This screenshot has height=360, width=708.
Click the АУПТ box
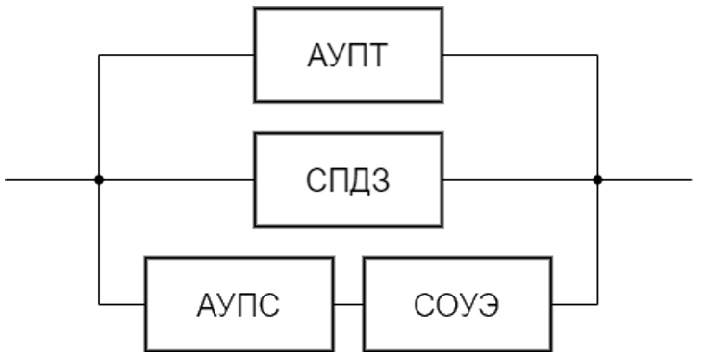[x=348, y=55]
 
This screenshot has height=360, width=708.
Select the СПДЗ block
[x=348, y=179]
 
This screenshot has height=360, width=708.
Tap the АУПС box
[x=240, y=304]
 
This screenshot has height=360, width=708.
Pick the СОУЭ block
[x=457, y=304]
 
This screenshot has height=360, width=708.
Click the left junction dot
[x=99, y=179]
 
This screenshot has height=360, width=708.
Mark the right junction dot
[x=597, y=179]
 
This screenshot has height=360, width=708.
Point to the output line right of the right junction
[x=645, y=179]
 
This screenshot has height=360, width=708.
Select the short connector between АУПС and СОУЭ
[x=347, y=304]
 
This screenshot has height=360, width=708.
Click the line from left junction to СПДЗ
[x=178, y=179]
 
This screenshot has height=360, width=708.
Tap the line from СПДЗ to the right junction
[x=519, y=179]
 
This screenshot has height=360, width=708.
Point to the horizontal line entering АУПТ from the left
[x=178, y=55]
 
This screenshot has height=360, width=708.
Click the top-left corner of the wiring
[x=99, y=55]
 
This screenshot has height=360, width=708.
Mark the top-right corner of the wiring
[x=597, y=55]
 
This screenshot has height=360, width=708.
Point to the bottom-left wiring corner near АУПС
[x=99, y=304]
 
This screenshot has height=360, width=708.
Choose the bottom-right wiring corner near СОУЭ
[x=597, y=304]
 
